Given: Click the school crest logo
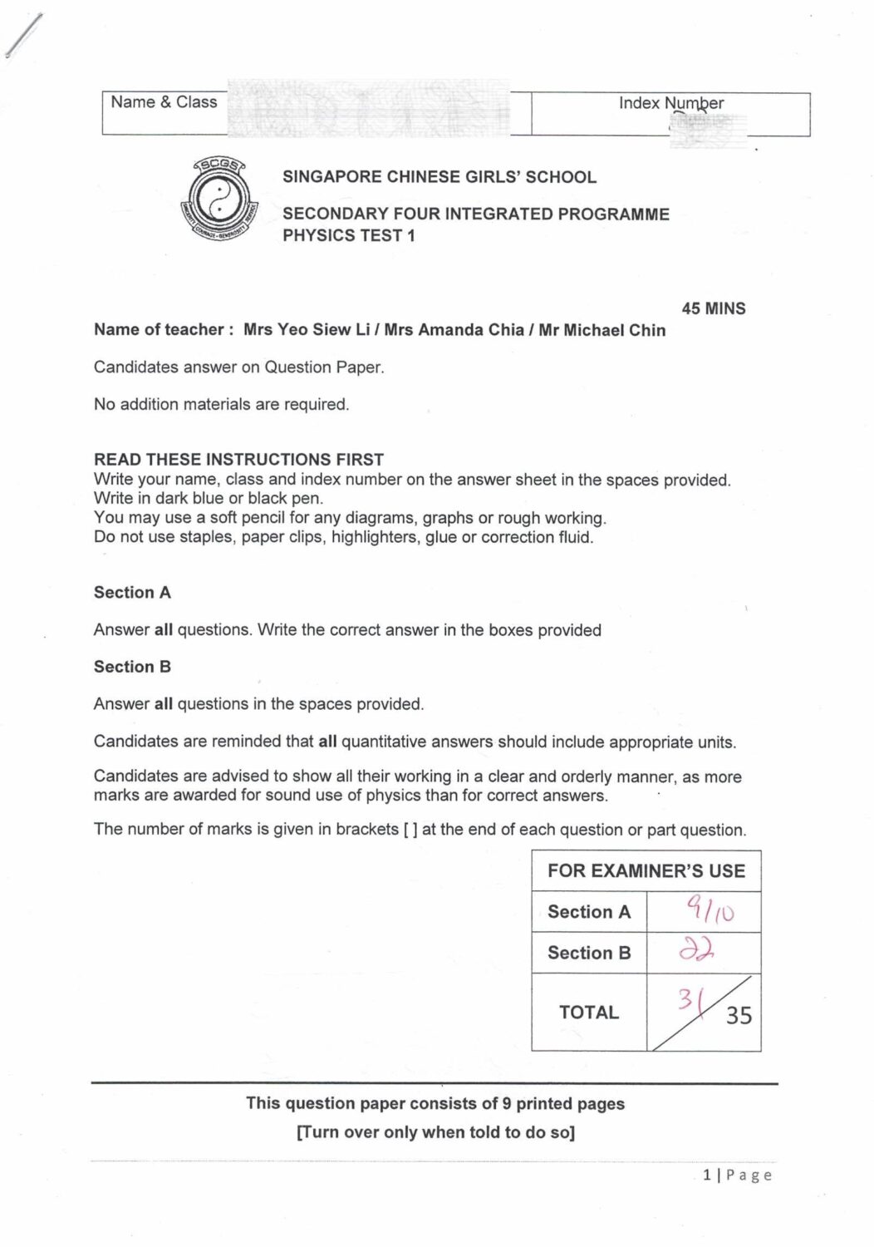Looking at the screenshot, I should point(218,200).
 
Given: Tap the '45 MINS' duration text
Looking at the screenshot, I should point(714,308).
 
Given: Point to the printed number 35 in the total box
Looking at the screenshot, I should point(739,1015).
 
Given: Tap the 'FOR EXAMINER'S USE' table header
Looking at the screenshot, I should point(646,871).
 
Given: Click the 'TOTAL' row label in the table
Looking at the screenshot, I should point(588,1013).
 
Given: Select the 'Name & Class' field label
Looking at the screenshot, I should point(164,102).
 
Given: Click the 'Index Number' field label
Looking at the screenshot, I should point(670,103).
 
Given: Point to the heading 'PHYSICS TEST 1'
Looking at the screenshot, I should point(349,235).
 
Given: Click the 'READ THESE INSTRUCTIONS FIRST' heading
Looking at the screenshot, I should point(238,459).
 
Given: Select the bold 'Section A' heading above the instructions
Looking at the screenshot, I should point(132,593).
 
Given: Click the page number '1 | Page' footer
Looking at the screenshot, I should point(737,1175).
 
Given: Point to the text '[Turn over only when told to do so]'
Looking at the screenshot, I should point(435,1132).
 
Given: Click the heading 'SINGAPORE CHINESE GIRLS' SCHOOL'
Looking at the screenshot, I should point(439,177).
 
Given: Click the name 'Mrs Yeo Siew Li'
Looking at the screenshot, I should point(307,330).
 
